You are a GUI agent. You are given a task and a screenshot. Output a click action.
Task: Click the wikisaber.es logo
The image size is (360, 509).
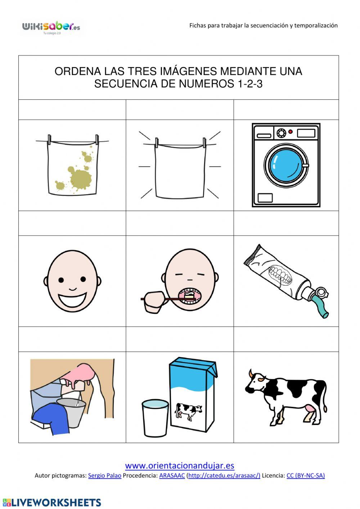[51, 27]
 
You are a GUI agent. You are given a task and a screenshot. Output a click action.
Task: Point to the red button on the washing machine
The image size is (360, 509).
[290, 132]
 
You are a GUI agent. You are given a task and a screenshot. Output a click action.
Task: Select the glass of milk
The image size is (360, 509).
[155, 418]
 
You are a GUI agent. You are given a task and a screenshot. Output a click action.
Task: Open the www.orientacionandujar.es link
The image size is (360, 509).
[180, 465]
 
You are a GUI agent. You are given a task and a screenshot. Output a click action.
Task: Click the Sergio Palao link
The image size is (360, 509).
[104, 475]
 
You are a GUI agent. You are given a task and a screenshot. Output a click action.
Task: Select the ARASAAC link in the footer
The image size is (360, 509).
[172, 475]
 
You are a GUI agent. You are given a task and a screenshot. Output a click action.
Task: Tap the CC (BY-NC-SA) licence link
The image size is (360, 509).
[305, 475]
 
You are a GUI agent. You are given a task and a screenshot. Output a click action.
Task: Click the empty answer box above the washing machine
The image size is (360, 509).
[286, 110]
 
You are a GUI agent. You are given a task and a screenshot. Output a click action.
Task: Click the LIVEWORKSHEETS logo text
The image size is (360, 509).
[56, 503]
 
